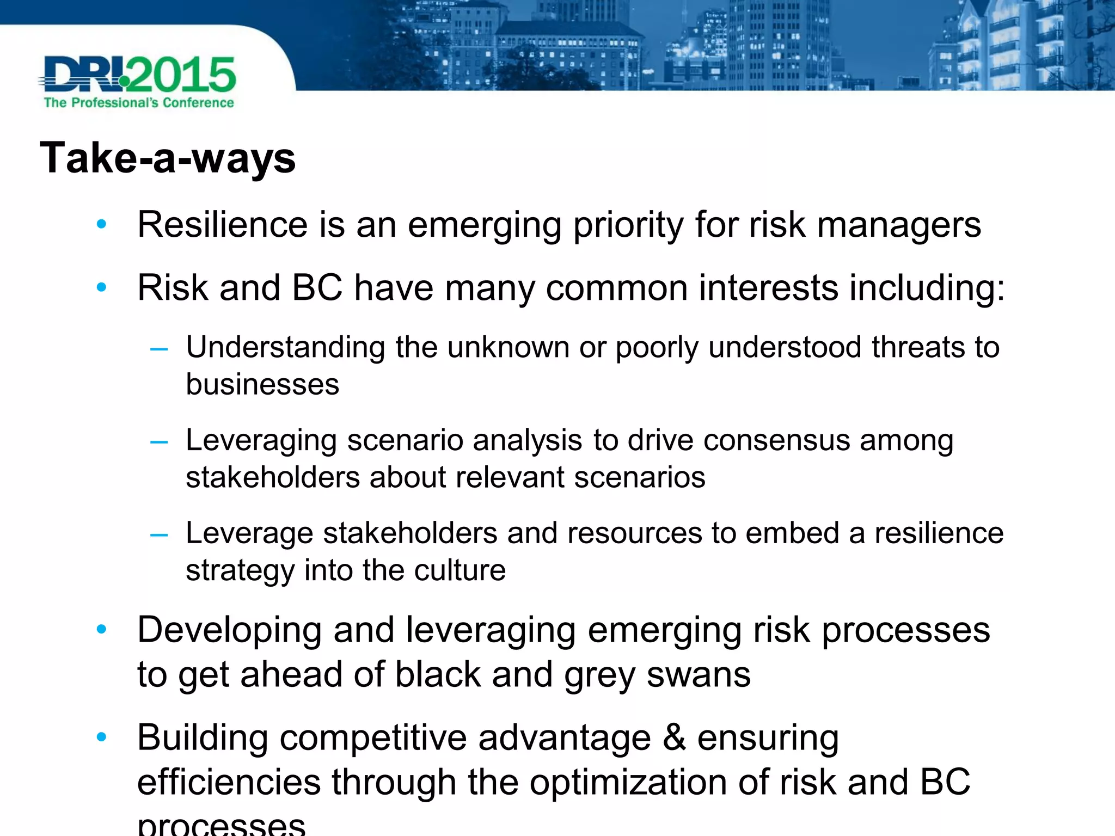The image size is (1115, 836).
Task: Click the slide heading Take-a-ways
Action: [168, 158]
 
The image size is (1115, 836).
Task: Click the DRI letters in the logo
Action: [82, 75]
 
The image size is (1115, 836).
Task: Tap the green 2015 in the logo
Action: [182, 75]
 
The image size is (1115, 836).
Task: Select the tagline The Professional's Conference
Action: [139, 103]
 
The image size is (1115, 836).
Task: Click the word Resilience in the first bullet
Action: [222, 225]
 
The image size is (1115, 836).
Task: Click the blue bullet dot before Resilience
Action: [101, 224]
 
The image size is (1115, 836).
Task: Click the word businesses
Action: [262, 385]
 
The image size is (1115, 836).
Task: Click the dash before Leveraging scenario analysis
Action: [158, 442]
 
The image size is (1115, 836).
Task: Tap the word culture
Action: [460, 570]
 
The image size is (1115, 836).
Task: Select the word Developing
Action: [229, 631]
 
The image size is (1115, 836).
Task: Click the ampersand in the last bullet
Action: [674, 738]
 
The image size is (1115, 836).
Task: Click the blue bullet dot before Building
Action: [101, 737]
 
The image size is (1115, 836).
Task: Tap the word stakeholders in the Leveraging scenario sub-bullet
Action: [272, 477]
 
